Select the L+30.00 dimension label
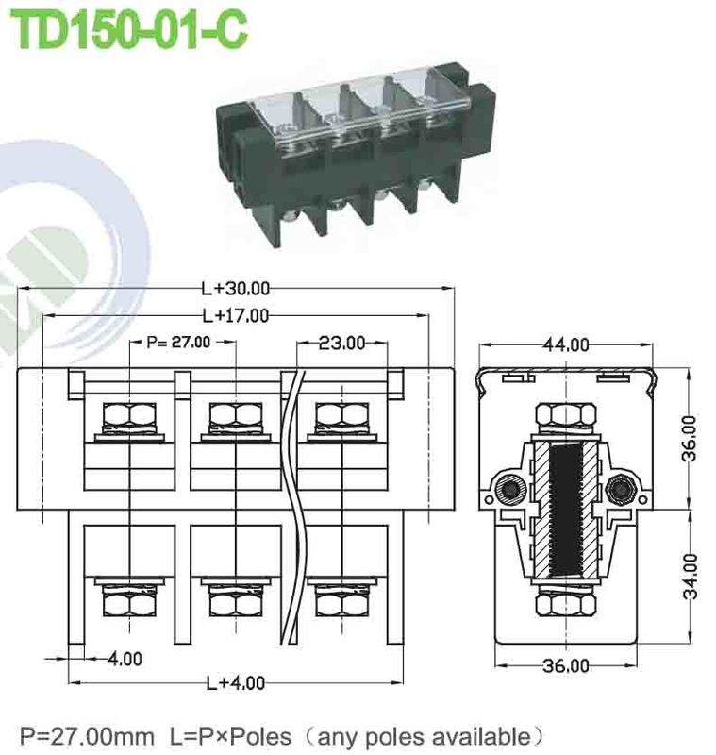[x=236, y=288]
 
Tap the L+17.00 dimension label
[x=236, y=315]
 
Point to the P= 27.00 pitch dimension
[x=179, y=343]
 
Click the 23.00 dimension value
[x=341, y=343]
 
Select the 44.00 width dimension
[x=566, y=344]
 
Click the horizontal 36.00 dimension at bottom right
[x=566, y=665]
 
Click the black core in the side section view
[x=566, y=510]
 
